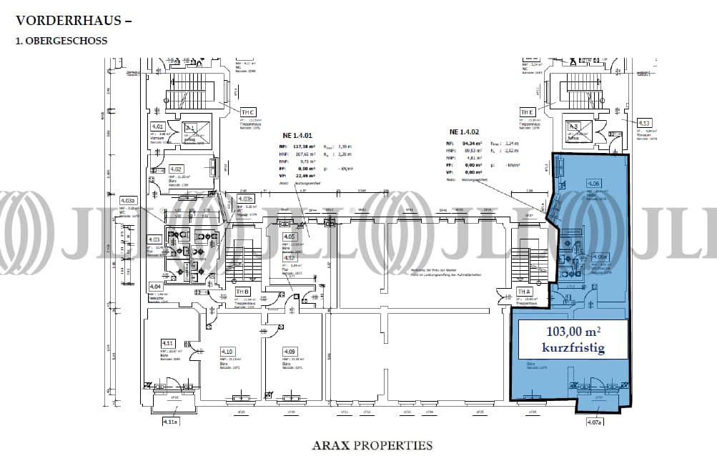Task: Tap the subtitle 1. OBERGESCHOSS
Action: point(61,41)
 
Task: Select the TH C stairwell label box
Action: point(248,112)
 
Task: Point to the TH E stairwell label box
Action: point(528,112)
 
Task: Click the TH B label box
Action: point(242,292)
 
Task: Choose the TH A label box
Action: point(524,292)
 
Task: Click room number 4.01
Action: point(159,127)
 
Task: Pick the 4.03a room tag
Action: point(129,201)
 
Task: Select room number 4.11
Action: point(169,344)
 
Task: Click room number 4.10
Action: point(227,351)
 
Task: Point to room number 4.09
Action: point(290,351)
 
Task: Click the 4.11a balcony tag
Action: point(170,422)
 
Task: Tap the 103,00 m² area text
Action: point(573,332)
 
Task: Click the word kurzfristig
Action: point(573,348)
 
